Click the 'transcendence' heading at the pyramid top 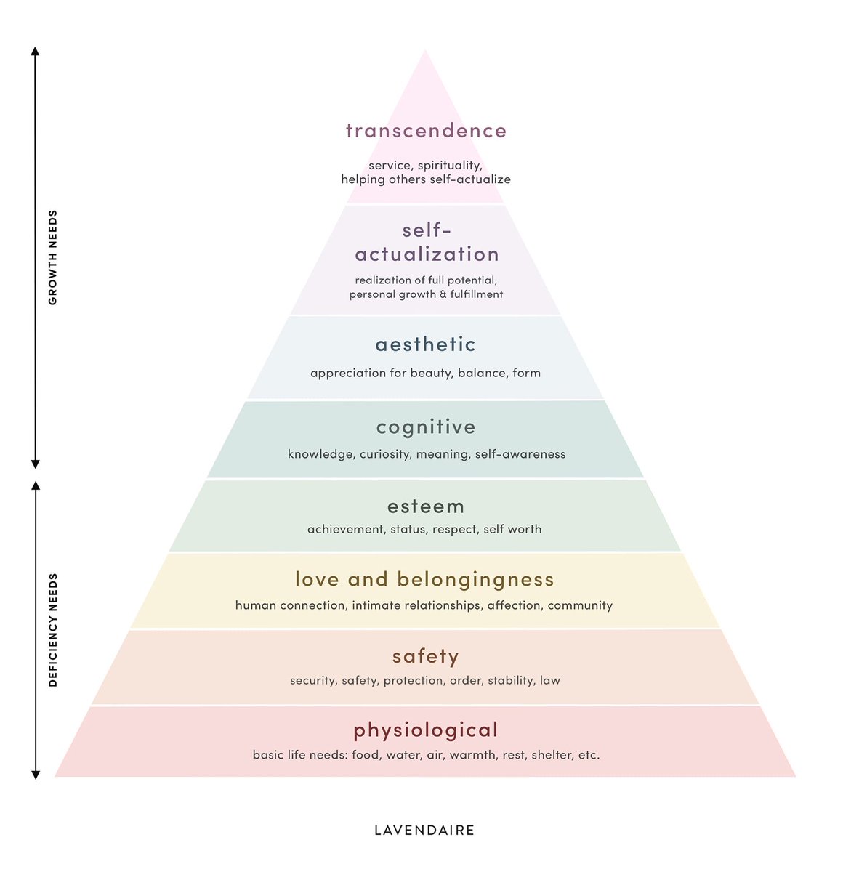coord(426,131)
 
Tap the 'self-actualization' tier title coord(427,242)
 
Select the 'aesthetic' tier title coord(425,344)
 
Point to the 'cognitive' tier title coord(426,427)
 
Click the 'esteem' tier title coord(426,506)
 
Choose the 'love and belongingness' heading coord(425,579)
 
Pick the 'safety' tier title coord(426,656)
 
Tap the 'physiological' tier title coord(426,730)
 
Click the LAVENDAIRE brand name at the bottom coord(424,831)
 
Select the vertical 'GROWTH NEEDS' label coord(52,258)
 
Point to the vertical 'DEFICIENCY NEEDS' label coord(52,629)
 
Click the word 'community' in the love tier coord(580,606)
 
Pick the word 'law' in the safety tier coord(550,680)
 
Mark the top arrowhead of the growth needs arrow coord(35,51)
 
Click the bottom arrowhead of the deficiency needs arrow coord(36,775)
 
